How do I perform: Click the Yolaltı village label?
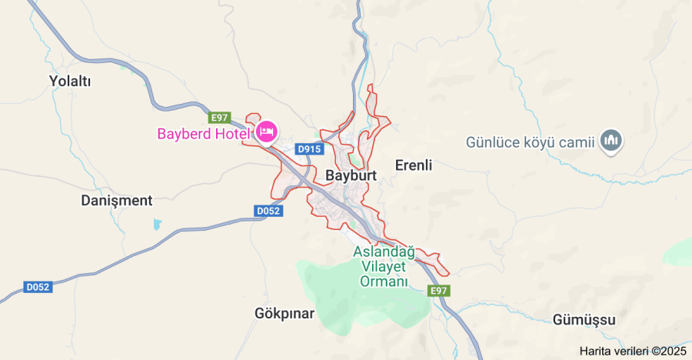70,81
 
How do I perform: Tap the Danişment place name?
117,201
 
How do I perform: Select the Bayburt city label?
351,175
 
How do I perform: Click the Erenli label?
414,165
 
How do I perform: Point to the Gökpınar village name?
284,314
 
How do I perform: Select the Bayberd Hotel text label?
204,134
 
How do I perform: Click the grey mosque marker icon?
612,140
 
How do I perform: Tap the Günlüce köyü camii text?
531,142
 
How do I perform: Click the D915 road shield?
309,149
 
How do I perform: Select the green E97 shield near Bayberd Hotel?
219,118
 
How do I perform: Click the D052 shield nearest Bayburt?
268,210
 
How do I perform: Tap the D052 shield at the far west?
38,287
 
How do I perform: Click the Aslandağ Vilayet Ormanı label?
384,266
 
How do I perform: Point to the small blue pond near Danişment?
158,225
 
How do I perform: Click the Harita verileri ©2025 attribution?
632,351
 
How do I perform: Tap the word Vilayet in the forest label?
384,266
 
